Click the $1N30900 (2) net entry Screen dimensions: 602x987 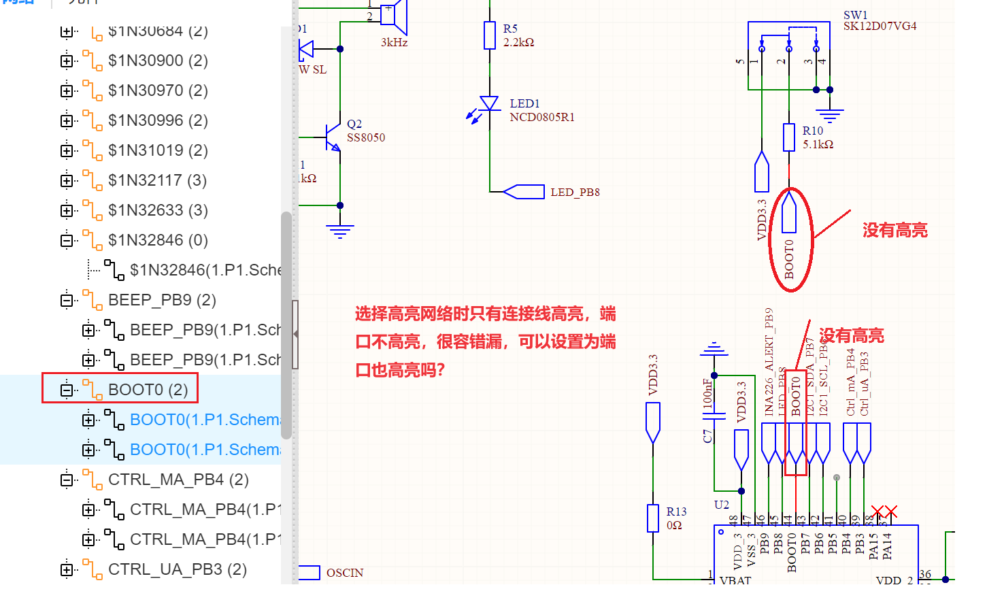157,61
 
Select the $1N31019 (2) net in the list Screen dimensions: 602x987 157,150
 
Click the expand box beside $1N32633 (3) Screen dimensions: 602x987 67,210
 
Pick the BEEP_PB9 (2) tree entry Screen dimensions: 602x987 161,300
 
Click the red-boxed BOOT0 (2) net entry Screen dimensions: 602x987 148,390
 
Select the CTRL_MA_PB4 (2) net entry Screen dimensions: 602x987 178,480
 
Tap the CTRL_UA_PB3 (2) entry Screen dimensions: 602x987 177,569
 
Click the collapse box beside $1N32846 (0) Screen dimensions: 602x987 67,240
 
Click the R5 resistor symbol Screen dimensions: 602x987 490,35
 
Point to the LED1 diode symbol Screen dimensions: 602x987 489,104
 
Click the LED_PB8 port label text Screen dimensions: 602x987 575,193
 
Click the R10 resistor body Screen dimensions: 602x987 789,137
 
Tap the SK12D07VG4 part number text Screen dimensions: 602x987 880,27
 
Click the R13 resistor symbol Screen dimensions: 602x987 653,518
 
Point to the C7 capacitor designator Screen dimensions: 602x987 707,436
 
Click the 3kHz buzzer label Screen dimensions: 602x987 395,43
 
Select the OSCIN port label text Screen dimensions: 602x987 345,573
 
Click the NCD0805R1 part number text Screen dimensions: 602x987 542,117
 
